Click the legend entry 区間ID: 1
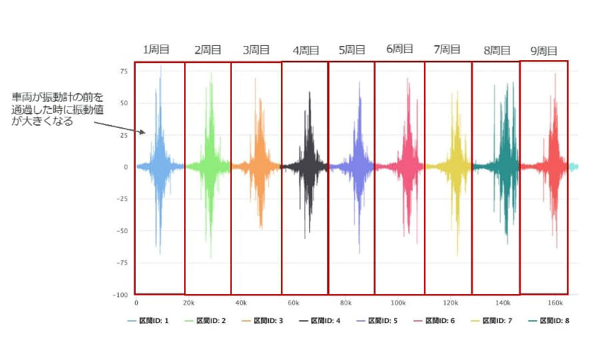pos(149,321)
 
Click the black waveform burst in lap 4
pos(308,167)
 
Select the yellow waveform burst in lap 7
pos(457,167)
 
